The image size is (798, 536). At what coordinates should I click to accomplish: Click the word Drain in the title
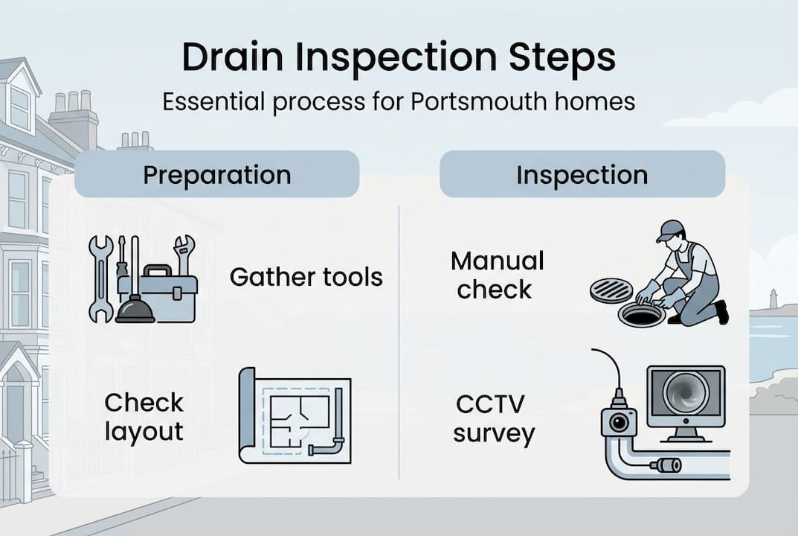click(229, 59)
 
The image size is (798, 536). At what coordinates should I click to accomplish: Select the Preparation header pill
click(216, 175)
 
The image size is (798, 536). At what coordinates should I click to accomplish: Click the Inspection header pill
click(582, 175)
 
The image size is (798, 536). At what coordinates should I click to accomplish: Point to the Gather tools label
click(306, 278)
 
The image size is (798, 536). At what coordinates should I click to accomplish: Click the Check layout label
click(144, 417)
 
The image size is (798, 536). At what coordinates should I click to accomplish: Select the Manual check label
click(497, 275)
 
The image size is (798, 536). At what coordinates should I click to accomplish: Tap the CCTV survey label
click(493, 419)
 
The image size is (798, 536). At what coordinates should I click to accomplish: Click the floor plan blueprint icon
click(295, 416)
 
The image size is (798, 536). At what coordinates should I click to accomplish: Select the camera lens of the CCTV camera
click(617, 423)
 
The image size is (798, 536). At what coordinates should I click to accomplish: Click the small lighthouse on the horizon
click(773, 298)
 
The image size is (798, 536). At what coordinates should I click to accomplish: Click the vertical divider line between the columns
click(399, 342)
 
